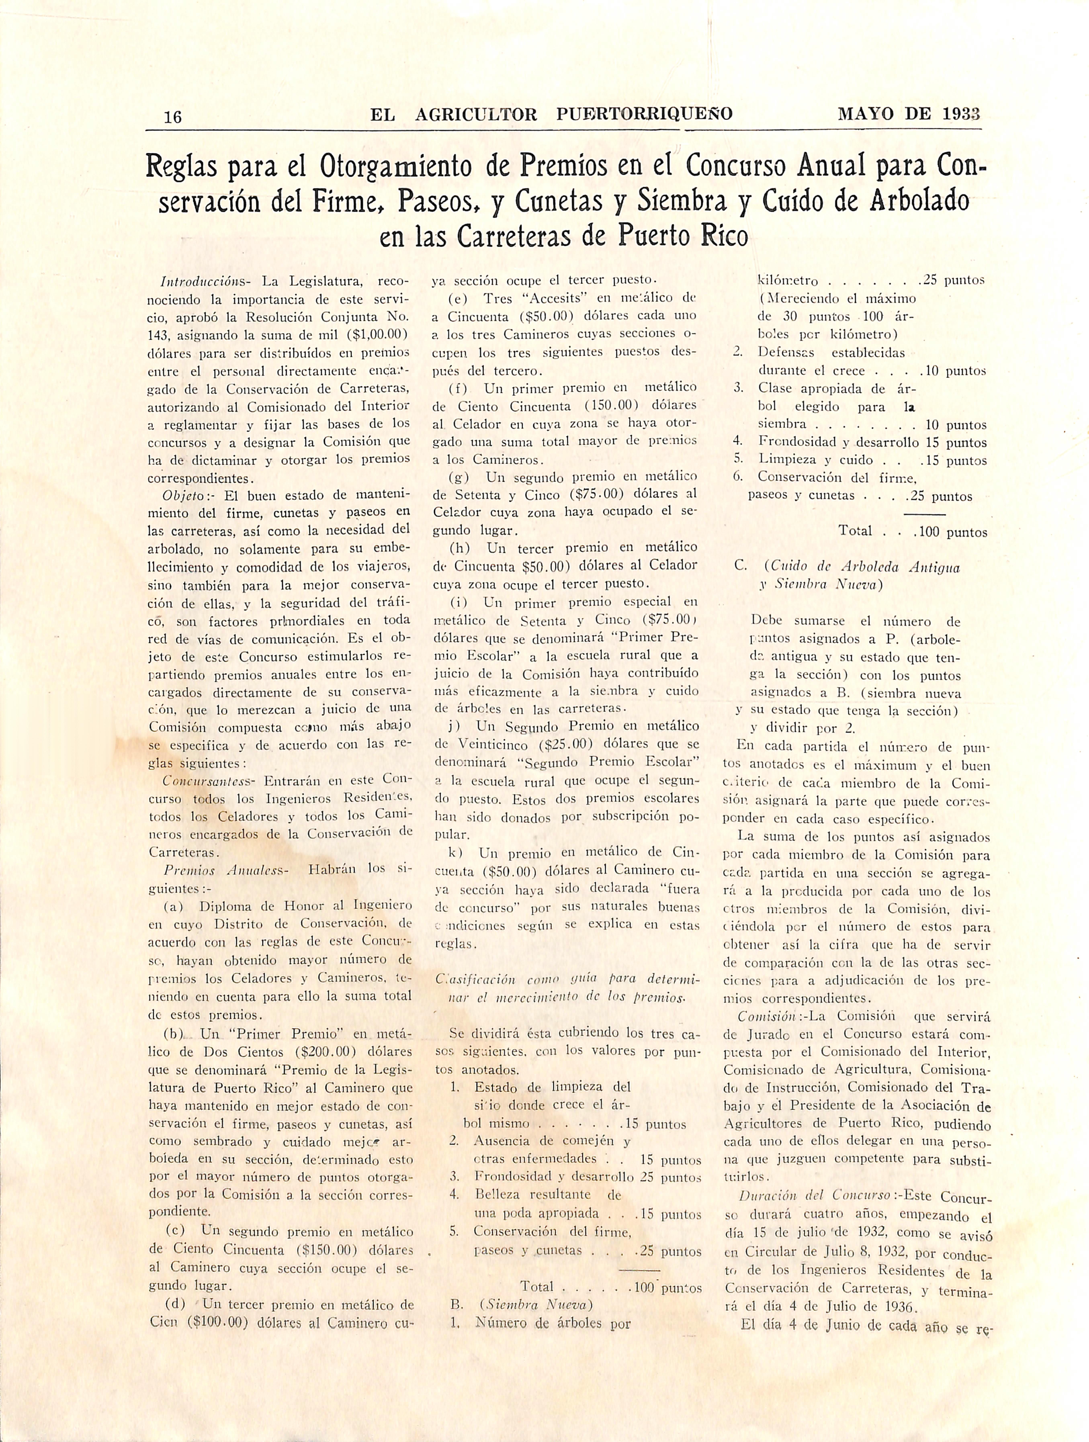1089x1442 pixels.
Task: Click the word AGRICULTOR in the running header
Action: (476, 115)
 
